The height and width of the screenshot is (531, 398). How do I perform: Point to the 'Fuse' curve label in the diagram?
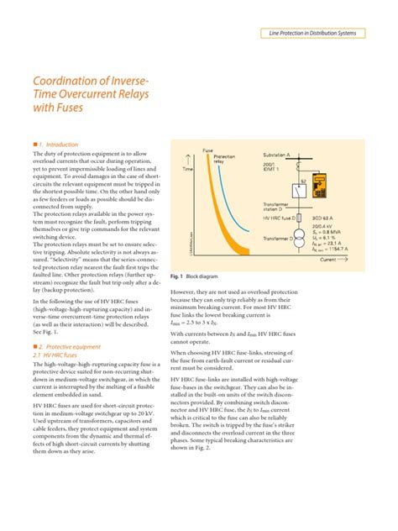(207, 150)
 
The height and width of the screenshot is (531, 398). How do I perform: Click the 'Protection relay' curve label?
(224, 159)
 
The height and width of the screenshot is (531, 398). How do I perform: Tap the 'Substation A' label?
(300, 155)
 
